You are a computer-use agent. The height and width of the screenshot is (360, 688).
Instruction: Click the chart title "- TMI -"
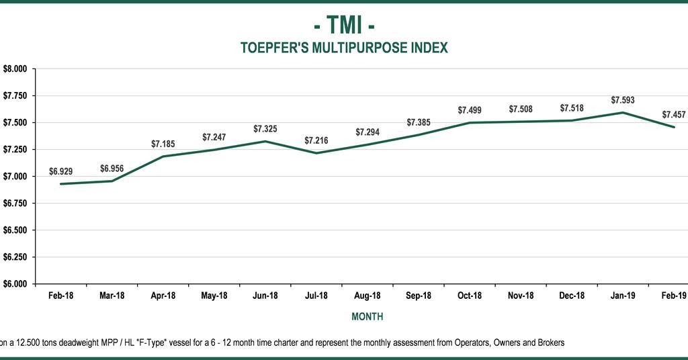344,25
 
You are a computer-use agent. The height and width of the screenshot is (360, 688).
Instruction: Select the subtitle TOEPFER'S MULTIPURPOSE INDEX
344,48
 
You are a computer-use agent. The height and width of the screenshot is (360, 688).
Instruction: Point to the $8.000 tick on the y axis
15,69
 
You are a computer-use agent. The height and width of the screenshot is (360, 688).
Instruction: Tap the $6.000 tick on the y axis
15,283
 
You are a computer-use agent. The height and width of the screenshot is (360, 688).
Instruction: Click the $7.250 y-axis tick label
15,149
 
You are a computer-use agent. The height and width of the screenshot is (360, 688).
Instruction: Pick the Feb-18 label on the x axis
60,296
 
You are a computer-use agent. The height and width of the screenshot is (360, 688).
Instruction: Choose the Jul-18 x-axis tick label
316,296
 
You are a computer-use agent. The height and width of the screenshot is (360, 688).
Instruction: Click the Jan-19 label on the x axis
623,296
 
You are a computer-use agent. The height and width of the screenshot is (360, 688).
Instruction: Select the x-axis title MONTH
368,316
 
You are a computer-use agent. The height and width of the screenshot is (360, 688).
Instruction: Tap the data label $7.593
623,100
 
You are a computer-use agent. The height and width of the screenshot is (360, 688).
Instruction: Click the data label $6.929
60,171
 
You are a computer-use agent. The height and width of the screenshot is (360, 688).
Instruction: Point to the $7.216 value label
316,140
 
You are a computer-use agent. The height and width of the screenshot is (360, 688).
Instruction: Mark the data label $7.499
470,110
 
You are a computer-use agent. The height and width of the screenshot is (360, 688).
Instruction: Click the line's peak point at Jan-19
623,112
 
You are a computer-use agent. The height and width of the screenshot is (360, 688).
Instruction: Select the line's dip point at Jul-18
316,153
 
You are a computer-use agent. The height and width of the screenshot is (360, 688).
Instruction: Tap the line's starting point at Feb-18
60,184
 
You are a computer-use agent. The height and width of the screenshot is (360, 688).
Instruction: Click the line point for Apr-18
163,156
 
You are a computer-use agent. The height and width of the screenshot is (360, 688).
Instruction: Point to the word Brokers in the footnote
549,343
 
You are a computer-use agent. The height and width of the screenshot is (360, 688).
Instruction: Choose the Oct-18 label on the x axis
470,296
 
